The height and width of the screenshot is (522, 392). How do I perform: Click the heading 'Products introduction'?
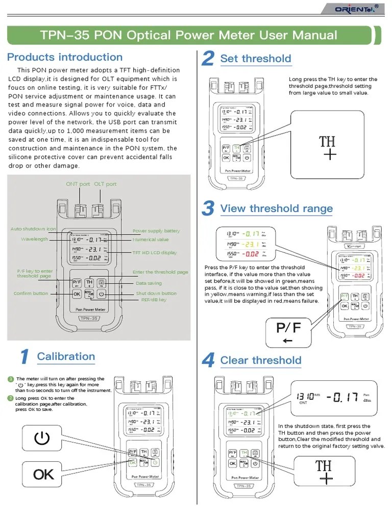coord(65,57)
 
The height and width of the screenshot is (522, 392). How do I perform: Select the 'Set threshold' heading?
coord(255,59)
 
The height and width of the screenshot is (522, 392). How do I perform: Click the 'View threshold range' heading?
coord(276,208)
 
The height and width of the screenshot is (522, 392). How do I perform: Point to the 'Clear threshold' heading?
coord(260,360)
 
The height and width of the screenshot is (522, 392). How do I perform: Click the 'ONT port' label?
coord(78,184)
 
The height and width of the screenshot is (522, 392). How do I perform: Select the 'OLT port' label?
coord(105,184)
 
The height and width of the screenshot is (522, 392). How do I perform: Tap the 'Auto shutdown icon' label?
coord(33,229)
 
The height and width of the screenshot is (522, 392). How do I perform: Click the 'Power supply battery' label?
coord(156,231)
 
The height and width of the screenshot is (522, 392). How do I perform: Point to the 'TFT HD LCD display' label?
coord(155,253)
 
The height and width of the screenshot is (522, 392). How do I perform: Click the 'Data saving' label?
coord(149,283)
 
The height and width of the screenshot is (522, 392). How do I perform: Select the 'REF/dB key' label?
coord(154,300)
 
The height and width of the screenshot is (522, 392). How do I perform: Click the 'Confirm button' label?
coord(31,294)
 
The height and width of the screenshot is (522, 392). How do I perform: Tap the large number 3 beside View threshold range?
coord(207,208)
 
